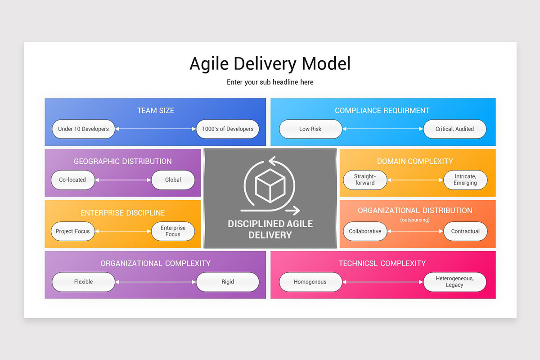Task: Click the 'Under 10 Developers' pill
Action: pyautogui.click(x=83, y=129)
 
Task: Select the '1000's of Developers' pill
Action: pyautogui.click(x=228, y=129)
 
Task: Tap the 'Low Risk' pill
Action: pyautogui.click(x=310, y=129)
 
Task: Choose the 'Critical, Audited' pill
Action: pyautogui.click(x=454, y=129)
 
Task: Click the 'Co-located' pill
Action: pyautogui.click(x=72, y=180)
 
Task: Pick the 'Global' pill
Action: pyautogui.click(x=173, y=180)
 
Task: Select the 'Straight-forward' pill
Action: pyautogui.click(x=364, y=180)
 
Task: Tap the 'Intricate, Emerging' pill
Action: pyautogui.click(x=465, y=180)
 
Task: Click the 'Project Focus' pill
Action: pyautogui.click(x=72, y=231)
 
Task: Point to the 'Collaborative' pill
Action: pyautogui.click(x=365, y=231)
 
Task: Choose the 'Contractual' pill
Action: pyautogui.click(x=465, y=231)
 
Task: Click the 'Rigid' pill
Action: pyautogui.click(x=228, y=282)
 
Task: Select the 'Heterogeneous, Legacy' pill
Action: pyautogui.click(x=454, y=282)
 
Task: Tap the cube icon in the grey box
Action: pyautogui.click(x=270, y=186)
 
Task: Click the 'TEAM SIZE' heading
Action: pyautogui.click(x=155, y=111)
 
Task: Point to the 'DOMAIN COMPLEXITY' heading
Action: pyautogui.click(x=415, y=162)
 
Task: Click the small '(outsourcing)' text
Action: pyautogui.click(x=415, y=220)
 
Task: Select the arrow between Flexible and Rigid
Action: pyautogui.click(x=156, y=282)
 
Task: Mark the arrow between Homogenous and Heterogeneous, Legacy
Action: pyautogui.click(x=383, y=282)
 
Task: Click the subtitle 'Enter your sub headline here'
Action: pyautogui.click(x=270, y=82)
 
